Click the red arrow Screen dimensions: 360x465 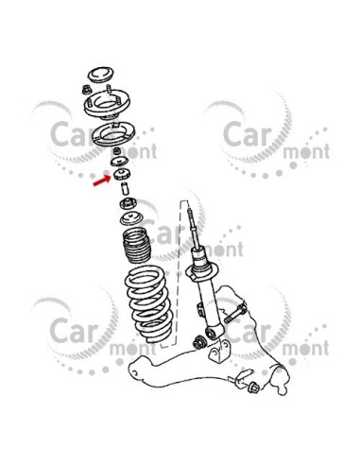[102, 181]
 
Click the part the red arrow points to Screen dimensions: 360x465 [122, 174]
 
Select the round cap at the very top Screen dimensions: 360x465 [101, 75]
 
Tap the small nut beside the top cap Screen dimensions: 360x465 [85, 90]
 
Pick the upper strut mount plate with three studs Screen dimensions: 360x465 [107, 105]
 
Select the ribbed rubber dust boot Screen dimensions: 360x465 [136, 246]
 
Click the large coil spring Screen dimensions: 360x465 [148, 303]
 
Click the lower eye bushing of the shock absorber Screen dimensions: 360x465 [214, 333]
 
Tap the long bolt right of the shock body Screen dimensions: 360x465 [235, 313]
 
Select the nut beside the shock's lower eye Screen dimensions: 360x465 [199, 342]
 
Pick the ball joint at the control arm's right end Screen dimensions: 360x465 [281, 379]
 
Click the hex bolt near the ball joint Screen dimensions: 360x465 [253, 387]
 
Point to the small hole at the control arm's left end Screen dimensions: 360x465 [135, 373]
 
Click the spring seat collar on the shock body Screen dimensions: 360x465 [201, 271]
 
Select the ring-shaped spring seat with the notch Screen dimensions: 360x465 [113, 133]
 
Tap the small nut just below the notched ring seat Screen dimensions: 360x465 [117, 151]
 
